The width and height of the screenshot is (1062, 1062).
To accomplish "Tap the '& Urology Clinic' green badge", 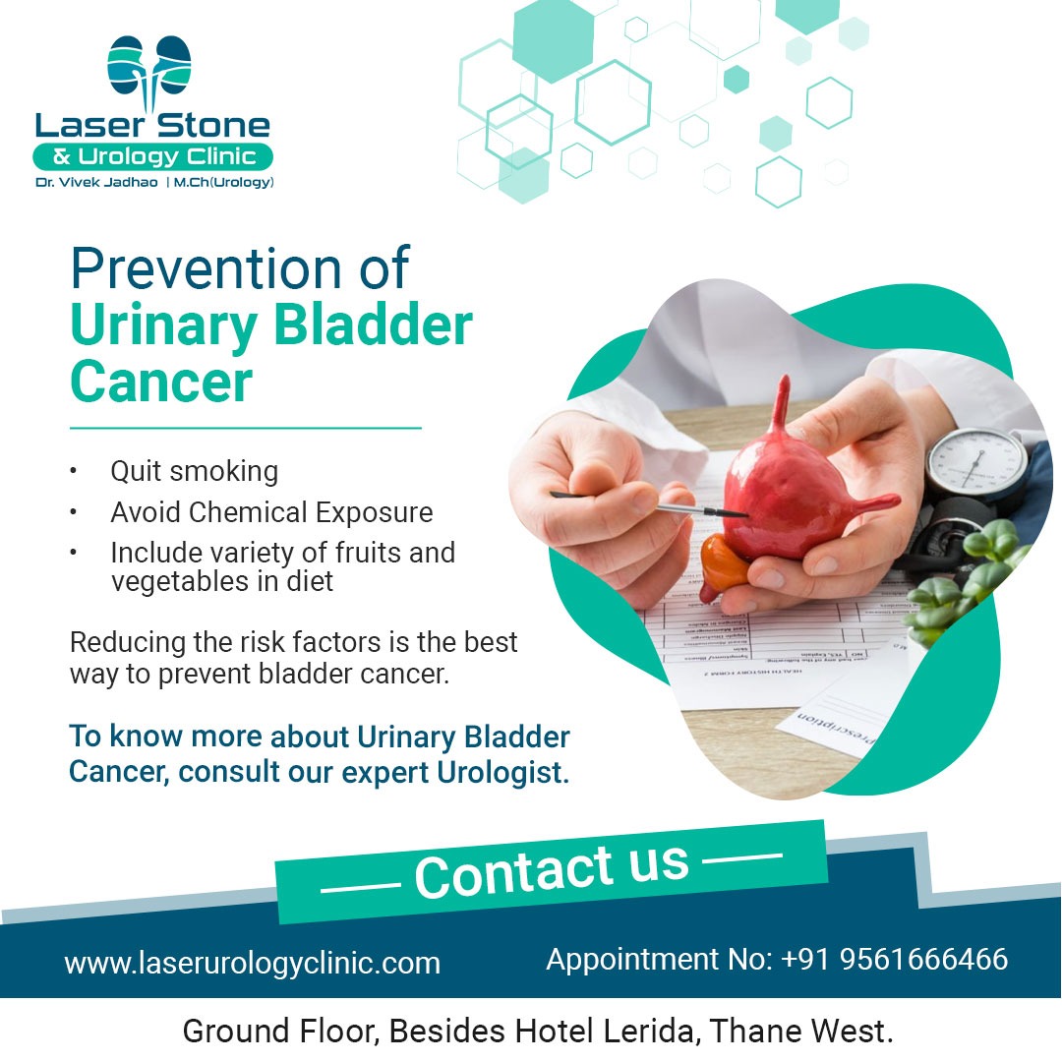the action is click(153, 156).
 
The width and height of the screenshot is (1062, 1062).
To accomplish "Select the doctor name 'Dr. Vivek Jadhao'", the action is click(96, 182).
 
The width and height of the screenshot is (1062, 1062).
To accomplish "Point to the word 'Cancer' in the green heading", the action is click(161, 382).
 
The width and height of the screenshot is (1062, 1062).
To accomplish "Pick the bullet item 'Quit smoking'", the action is click(195, 471).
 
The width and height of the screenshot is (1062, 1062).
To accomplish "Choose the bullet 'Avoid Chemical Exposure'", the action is click(271, 512).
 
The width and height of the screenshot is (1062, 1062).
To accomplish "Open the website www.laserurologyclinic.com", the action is click(253, 963).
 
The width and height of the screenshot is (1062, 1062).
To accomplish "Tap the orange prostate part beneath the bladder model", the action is click(724, 566).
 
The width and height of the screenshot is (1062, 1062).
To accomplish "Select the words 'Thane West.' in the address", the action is click(802, 1031).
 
